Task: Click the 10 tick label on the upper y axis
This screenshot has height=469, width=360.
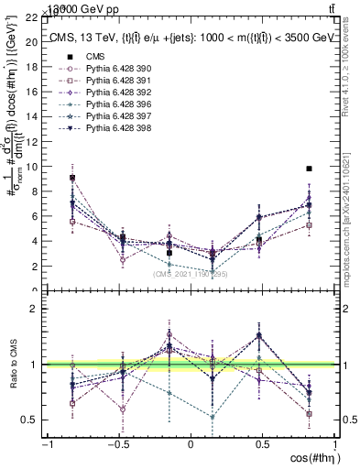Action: (32, 168)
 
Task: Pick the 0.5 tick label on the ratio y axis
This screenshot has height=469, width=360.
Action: (29, 420)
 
